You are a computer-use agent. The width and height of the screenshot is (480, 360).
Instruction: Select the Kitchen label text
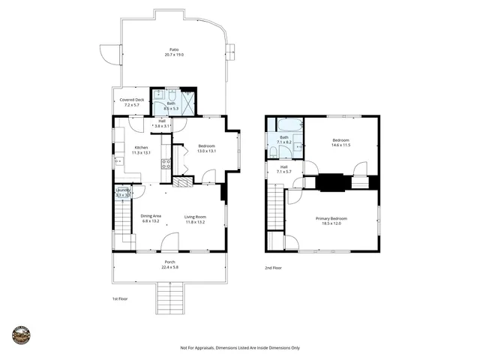point(142,148)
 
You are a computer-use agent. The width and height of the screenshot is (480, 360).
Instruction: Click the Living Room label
point(195,217)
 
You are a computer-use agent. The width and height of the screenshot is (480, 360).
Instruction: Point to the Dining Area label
point(151,216)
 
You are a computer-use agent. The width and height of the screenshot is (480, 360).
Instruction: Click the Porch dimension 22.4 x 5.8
point(170,267)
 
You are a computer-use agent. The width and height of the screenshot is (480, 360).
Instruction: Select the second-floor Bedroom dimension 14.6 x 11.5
point(341,145)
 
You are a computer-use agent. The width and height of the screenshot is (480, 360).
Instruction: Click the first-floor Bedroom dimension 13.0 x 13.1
point(206,151)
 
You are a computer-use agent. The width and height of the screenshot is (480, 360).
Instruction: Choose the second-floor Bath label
point(284,137)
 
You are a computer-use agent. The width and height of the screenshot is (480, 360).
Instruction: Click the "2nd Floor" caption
point(274,268)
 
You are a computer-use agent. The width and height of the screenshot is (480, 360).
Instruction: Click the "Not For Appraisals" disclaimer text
point(240,348)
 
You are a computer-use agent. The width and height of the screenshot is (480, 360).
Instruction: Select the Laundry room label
point(123,190)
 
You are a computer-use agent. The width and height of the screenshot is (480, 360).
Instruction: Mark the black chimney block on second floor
point(333,182)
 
